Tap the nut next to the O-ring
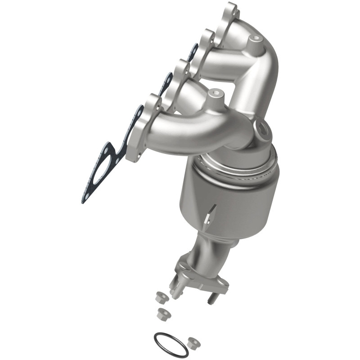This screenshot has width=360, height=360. (194, 342)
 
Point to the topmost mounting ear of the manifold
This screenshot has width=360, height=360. (230, 11)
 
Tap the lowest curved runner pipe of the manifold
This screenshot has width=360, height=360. (189, 130)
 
